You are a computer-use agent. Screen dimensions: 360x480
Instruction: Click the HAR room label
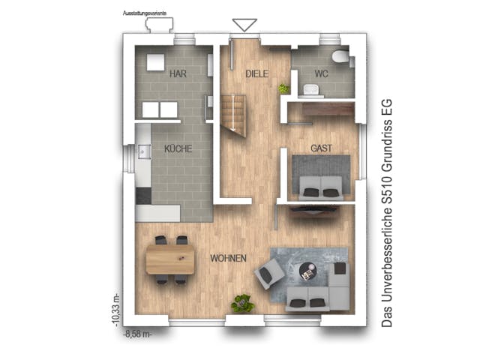click(x=178, y=73)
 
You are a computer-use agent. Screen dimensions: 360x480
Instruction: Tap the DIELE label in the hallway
click(x=256, y=73)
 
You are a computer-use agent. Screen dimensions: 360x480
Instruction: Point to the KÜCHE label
click(x=178, y=148)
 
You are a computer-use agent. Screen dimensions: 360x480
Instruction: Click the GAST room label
click(x=321, y=148)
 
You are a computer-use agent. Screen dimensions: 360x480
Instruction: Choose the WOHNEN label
click(x=228, y=258)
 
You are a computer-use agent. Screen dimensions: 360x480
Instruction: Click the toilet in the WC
click(x=340, y=57)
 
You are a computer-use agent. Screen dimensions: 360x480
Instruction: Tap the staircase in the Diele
click(x=233, y=115)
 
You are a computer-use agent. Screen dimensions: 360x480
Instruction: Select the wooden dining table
click(x=170, y=260)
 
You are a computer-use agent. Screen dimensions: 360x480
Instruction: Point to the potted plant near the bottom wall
click(x=241, y=303)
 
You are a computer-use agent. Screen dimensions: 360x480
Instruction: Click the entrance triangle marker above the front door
click(x=245, y=25)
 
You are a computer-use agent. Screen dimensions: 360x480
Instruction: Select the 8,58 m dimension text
click(x=137, y=334)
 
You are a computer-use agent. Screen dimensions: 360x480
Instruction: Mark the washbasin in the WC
click(x=310, y=89)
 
